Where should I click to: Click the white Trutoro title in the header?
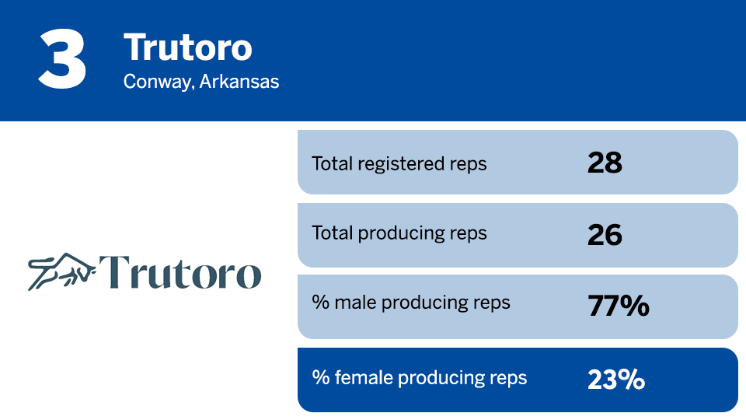(188, 48)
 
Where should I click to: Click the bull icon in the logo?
(61, 271)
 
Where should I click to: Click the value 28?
(605, 163)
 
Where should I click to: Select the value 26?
(605, 234)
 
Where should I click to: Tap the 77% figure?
(618, 306)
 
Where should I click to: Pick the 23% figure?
(616, 380)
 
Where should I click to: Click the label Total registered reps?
(399, 163)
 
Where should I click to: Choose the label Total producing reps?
(399, 233)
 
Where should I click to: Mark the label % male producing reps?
(411, 303)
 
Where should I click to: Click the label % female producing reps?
(420, 378)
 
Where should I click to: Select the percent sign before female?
(320, 378)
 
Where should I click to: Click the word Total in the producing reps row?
(331, 233)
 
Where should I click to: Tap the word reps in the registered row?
(469, 164)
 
